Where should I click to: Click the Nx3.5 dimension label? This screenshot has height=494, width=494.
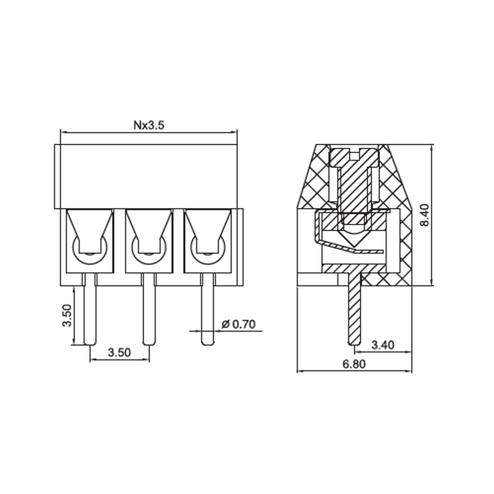coord(149,125)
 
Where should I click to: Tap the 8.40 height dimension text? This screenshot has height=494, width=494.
coord(425,215)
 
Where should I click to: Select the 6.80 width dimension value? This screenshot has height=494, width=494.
coord(354,364)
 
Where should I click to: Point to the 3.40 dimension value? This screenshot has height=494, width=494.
coord(382,345)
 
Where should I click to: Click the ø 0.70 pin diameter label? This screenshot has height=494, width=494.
coord(239,324)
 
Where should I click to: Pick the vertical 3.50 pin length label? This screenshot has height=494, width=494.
coord(67,315)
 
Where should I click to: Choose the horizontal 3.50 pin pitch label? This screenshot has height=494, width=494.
coord(119,352)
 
